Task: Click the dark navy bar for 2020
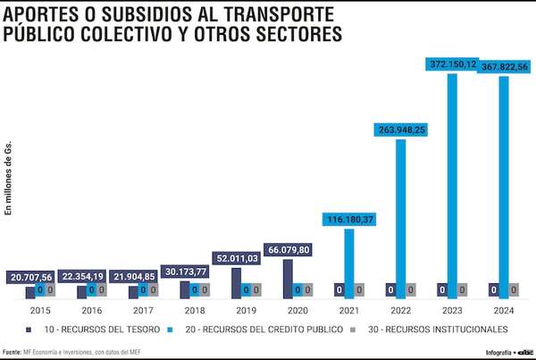point(288,278)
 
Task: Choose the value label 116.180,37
point(349,219)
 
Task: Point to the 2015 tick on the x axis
point(40,311)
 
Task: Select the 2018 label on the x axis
point(195,311)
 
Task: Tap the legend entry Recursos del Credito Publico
point(266,330)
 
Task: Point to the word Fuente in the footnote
point(13,351)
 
